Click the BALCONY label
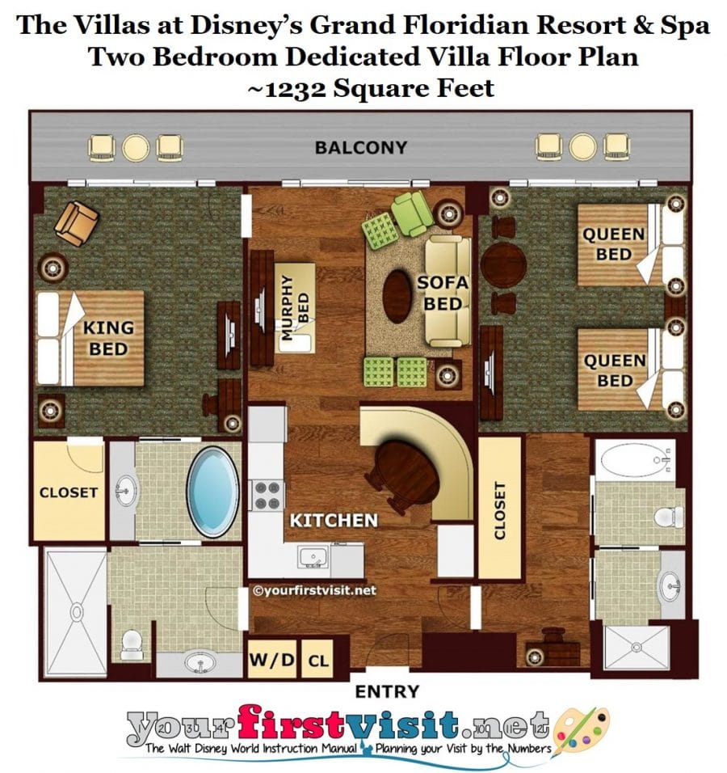tap(361, 147)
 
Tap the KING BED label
tap(108, 338)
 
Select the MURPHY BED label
tap(295, 307)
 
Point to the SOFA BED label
tap(443, 294)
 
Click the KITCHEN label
tap(334, 521)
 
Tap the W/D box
tap(272, 659)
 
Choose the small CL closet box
tap(317, 660)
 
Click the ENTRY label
tap(387, 691)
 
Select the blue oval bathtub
tap(213, 492)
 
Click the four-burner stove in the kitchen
tap(267, 496)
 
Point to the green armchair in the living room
tap(412, 214)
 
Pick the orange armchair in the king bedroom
tap(77, 223)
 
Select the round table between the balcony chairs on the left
tap(136, 148)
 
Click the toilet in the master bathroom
tap(132, 644)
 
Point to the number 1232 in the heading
tap(295, 89)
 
